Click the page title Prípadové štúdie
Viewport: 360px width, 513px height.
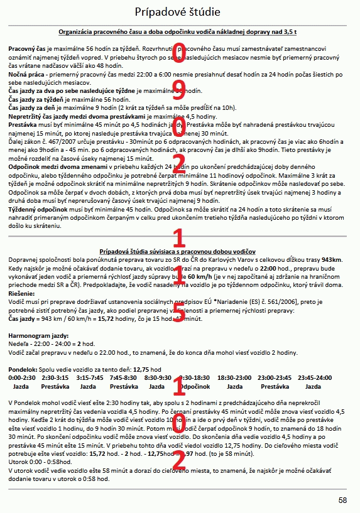pyautogui.click(x=180, y=12)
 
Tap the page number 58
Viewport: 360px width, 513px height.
pyautogui.click(x=342, y=500)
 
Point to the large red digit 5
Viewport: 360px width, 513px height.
pyautogui.click(x=179, y=312)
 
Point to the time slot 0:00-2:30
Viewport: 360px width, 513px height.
pyautogui.click(x=21, y=377)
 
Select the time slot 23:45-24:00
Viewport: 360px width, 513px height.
pyautogui.click(x=314, y=377)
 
